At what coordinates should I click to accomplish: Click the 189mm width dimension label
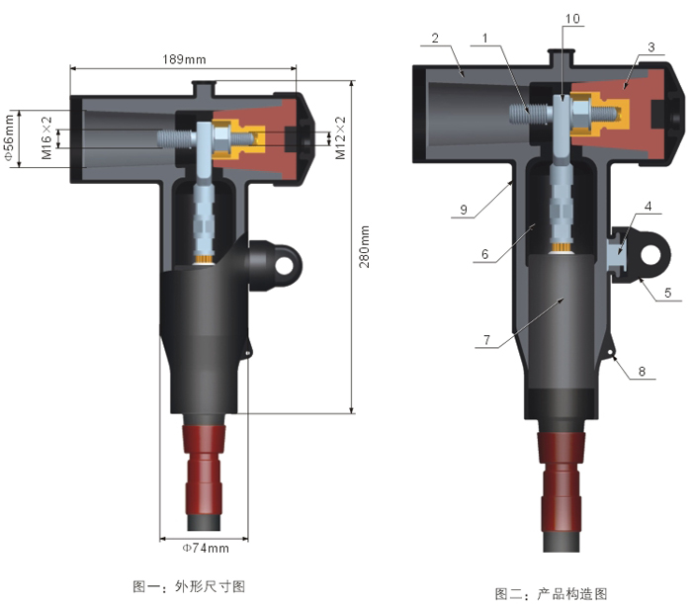click(183, 58)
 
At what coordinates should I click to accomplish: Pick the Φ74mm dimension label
click(206, 547)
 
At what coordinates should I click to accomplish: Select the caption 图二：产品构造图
click(552, 593)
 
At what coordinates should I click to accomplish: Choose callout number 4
click(648, 209)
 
